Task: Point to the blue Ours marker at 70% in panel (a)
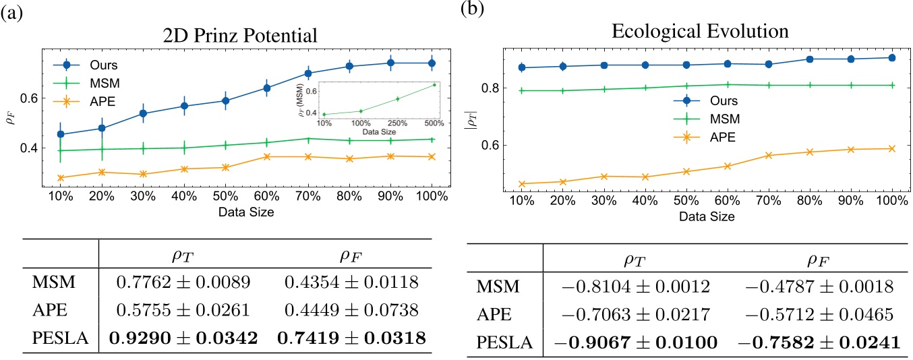[308, 73]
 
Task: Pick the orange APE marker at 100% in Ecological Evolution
[891, 148]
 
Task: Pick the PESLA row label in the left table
[60, 338]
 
